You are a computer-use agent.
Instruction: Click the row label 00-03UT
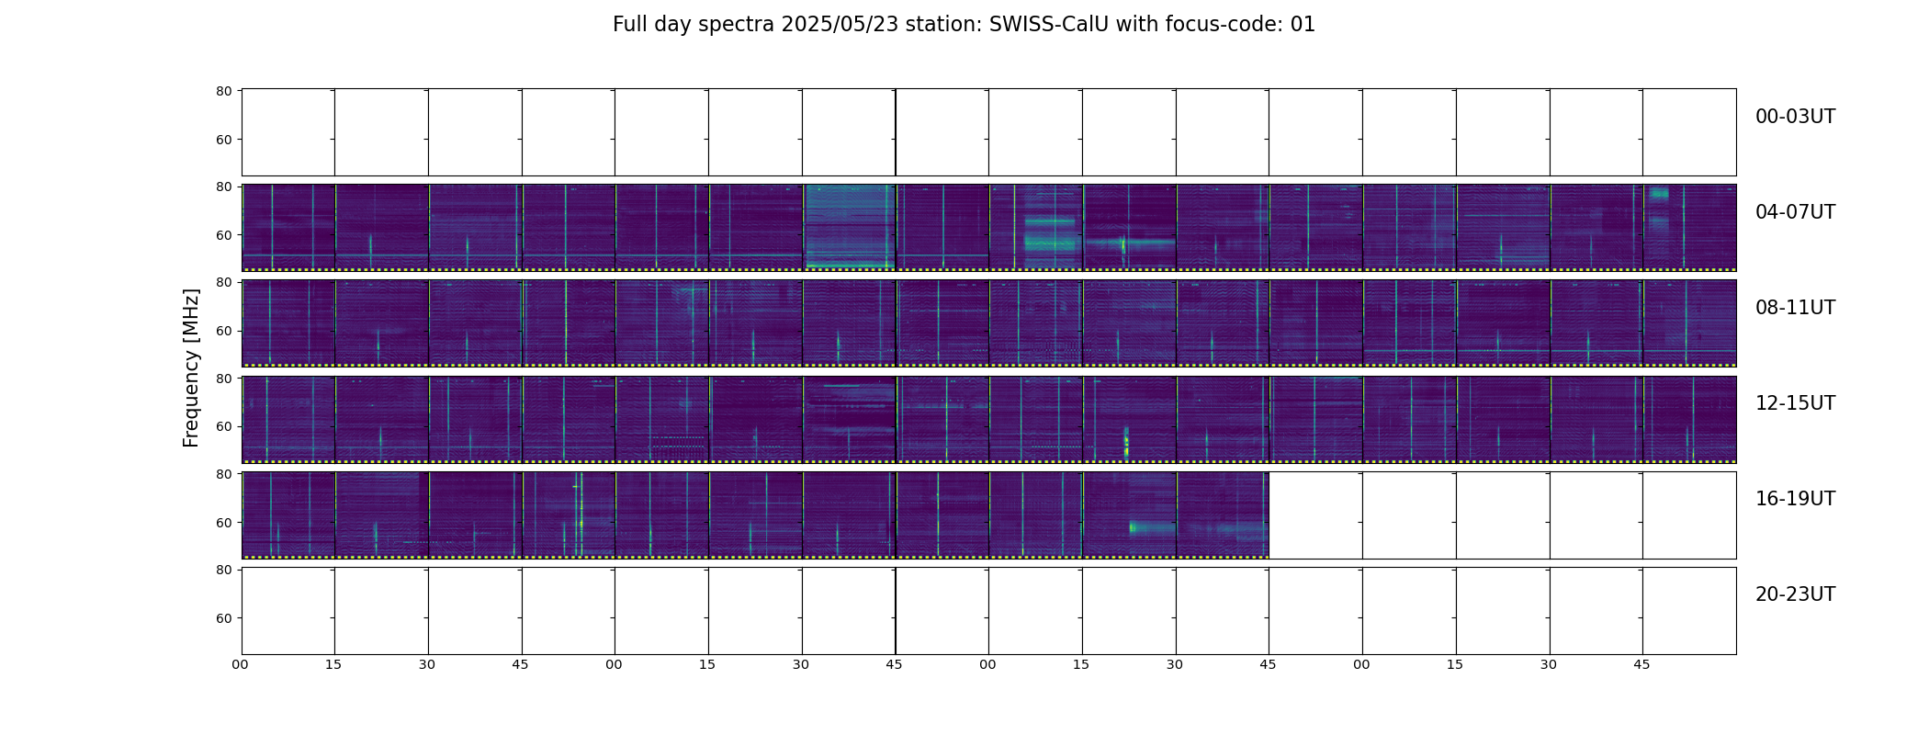click(1795, 117)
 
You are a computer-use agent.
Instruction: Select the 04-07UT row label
click(1795, 212)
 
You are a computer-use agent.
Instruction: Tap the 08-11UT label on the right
click(1795, 308)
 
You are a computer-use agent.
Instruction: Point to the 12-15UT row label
click(1795, 403)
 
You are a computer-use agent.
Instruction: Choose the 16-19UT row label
click(1795, 499)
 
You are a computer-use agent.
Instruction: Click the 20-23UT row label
click(1795, 594)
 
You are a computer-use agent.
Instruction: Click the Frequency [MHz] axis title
click(191, 367)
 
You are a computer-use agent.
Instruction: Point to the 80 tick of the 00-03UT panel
click(223, 91)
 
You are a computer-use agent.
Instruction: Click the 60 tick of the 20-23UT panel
click(223, 618)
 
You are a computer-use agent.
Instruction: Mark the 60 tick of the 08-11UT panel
click(223, 331)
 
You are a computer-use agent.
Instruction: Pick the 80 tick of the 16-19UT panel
click(223, 474)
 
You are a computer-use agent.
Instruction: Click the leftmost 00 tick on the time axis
click(241, 664)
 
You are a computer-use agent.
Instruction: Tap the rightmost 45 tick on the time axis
click(1641, 664)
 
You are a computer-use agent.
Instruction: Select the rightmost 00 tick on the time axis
click(1361, 664)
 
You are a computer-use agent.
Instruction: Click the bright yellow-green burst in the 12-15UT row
click(1126, 442)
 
